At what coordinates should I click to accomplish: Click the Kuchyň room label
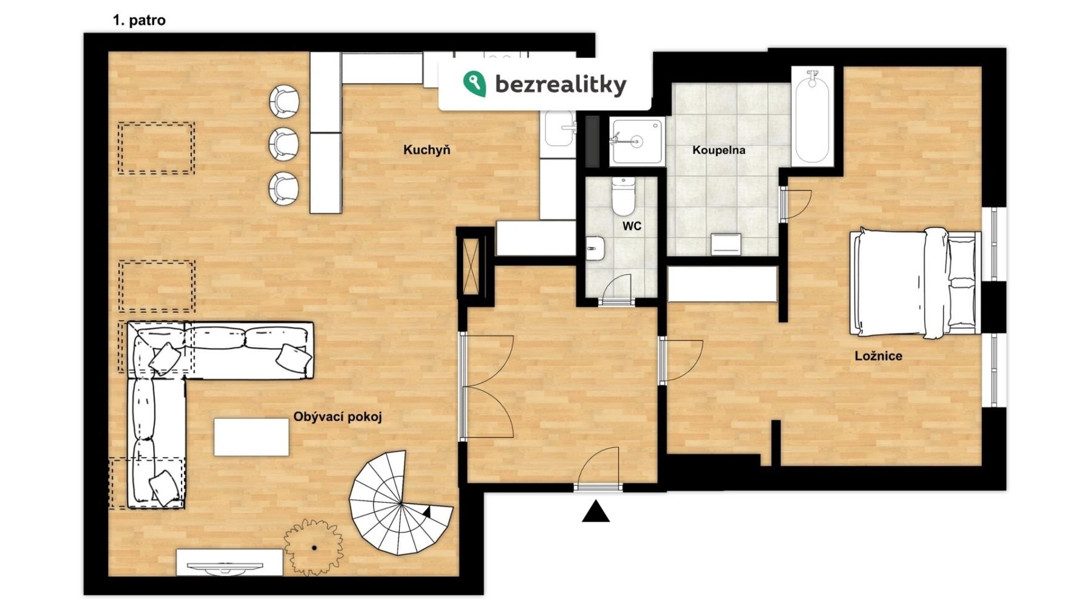[x=427, y=150]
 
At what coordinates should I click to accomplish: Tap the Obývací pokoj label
[x=338, y=417]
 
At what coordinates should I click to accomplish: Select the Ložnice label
[x=878, y=356]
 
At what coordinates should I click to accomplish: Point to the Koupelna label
[x=719, y=150]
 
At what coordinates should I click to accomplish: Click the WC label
[x=632, y=226]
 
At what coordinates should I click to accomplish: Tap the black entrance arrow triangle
[x=596, y=511]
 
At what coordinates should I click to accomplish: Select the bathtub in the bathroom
[x=812, y=116]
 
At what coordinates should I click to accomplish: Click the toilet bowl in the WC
[x=623, y=196]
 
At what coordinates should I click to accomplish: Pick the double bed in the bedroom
[x=915, y=281]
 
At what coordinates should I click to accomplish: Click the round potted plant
[x=314, y=547]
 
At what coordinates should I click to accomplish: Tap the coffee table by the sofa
[x=251, y=437]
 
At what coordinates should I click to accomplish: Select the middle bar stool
[x=283, y=144]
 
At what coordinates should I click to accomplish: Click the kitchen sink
[x=560, y=128]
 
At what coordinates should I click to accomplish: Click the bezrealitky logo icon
[x=474, y=84]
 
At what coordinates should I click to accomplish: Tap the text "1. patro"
[x=139, y=20]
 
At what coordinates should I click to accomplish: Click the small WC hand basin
[x=595, y=248]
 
